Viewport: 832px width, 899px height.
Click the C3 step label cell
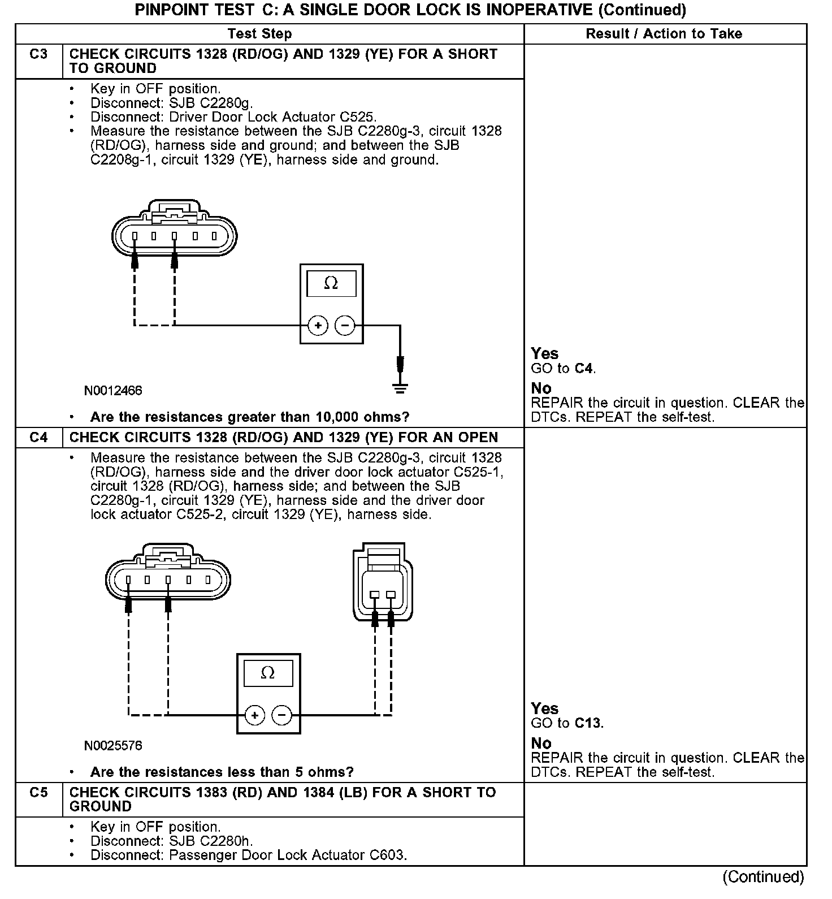[38, 55]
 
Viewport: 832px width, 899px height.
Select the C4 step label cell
[38, 438]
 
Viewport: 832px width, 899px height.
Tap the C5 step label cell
[38, 793]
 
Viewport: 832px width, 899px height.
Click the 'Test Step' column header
[259, 34]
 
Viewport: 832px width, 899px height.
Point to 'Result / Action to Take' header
[664, 34]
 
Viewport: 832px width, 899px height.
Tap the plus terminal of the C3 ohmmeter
[318, 325]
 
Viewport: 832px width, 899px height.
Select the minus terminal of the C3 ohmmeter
[345, 325]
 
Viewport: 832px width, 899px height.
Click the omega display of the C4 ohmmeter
[268, 673]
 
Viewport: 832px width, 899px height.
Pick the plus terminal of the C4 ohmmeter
[255, 715]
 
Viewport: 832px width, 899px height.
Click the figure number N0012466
[113, 391]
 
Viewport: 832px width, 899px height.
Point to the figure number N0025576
[113, 746]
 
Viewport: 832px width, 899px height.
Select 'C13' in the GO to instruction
[588, 723]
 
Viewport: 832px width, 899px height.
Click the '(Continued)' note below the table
[763, 877]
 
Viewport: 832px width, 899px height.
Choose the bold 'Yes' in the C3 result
[544, 354]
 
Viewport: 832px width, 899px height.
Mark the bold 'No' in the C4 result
[541, 743]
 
